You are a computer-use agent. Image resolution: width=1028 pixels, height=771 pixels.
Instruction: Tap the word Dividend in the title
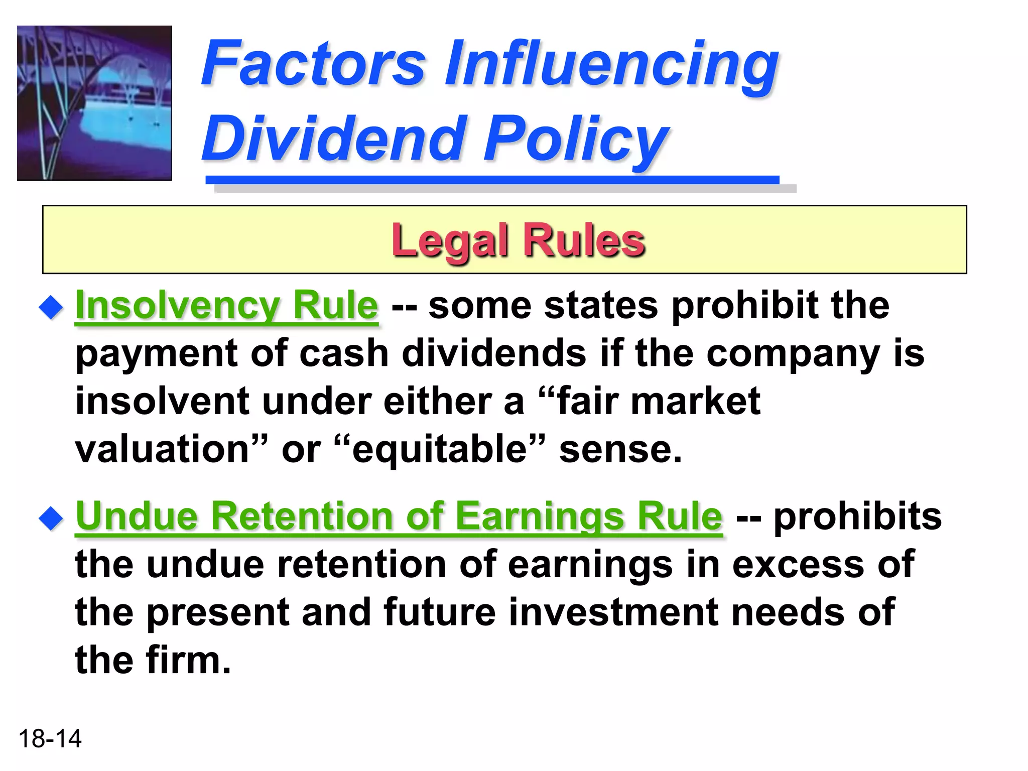tap(332, 138)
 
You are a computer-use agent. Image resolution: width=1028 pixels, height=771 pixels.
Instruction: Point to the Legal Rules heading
tap(518, 240)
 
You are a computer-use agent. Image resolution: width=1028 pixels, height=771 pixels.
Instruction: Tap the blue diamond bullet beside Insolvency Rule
tap(51, 307)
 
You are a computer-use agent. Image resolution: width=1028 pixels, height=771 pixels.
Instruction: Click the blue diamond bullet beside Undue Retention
tap(51, 518)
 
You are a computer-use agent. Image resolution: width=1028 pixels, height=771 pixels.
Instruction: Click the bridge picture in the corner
tap(94, 103)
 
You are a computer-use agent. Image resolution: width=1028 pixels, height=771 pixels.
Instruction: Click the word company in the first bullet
tap(793, 354)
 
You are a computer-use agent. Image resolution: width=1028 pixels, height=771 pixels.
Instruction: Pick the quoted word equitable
tap(440, 450)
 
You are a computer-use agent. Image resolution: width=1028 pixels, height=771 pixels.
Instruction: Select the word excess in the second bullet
tap(798, 564)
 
